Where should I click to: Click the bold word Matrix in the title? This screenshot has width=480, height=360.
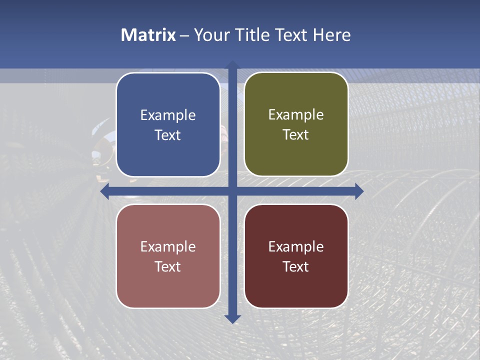(148, 35)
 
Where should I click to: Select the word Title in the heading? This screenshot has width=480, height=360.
(249, 35)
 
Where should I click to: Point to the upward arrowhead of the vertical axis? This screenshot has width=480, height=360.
(232, 65)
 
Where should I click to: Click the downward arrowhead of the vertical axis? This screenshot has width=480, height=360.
(232, 318)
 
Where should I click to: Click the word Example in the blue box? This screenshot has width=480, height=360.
(168, 115)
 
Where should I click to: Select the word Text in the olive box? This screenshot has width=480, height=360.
(296, 135)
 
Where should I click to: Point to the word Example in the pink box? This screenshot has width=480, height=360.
(168, 247)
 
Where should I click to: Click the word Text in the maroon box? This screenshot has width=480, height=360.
(296, 266)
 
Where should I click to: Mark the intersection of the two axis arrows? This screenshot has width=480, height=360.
(232, 191)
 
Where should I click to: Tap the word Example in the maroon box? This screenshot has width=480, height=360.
(296, 247)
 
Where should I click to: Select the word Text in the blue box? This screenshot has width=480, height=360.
(168, 135)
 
